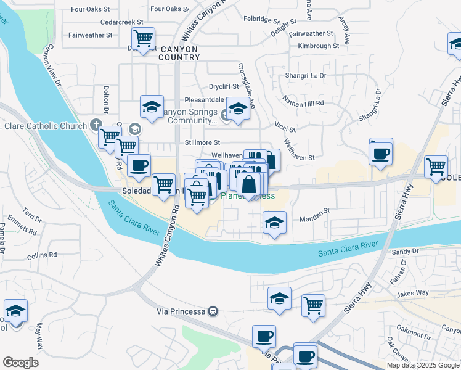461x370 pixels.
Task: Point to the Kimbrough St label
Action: pos(318,46)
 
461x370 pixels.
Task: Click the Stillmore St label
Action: pos(199,143)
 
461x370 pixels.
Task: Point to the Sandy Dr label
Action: pos(406,252)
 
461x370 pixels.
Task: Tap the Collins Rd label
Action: pos(42,254)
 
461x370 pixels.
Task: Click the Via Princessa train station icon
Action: pos(213,311)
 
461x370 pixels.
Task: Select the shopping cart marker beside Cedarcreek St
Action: pos(143,38)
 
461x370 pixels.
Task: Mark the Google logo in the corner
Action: pos(21,363)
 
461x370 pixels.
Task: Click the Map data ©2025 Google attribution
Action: pos(423,365)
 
